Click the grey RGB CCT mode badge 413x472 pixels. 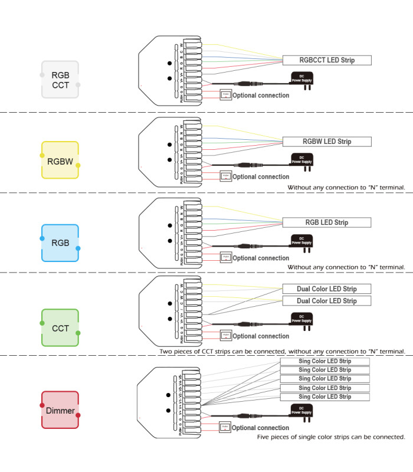coord(60,80)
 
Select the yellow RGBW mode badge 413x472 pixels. coord(60,160)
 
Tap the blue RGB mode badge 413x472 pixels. coord(60,242)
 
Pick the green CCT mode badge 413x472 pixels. coord(60,328)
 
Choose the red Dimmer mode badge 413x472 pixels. coord(60,410)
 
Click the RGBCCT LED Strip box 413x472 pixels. coord(327,60)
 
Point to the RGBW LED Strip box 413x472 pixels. coord(327,142)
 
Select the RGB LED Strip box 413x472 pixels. coord(327,222)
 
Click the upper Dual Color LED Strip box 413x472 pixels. coord(327,289)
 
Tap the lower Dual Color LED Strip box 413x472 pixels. coord(327,301)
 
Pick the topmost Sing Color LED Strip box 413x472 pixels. coord(324,361)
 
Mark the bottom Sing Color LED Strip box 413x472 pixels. coord(324,397)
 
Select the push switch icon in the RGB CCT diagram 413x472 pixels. coord(225,94)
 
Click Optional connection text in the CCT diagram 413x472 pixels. coord(261,336)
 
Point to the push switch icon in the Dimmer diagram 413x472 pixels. coord(225,427)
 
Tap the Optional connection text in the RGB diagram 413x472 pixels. coord(261,258)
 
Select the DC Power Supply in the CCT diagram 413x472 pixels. coord(301,320)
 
